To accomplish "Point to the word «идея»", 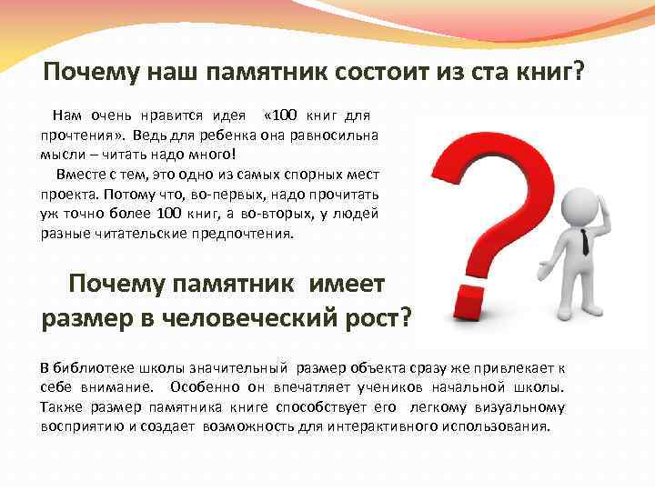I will point(229,115).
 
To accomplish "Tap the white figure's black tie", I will point(584,239).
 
